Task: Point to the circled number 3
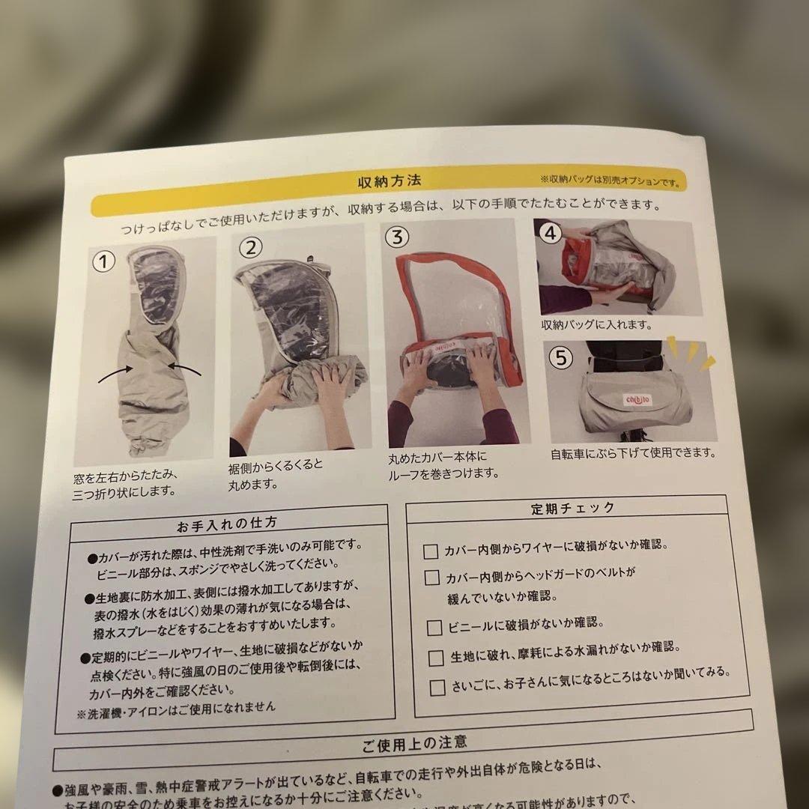click(398, 237)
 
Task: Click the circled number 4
click(551, 232)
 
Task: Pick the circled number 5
click(560, 357)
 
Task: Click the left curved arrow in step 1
click(117, 372)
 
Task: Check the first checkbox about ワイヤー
click(431, 552)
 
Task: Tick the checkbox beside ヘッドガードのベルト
click(432, 578)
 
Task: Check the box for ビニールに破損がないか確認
click(434, 628)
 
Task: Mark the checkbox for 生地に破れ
click(436, 658)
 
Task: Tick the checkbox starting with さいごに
click(437, 686)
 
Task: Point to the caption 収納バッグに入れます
click(597, 326)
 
